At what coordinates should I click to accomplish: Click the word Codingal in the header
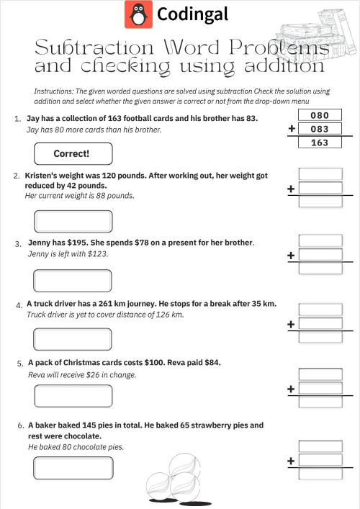(192, 14)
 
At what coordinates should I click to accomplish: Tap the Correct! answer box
(73, 153)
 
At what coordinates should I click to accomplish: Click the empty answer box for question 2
(73, 220)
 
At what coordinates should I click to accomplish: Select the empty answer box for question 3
(73, 280)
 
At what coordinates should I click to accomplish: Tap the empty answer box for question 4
(73, 338)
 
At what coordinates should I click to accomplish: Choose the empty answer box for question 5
(73, 396)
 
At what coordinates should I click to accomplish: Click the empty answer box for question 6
(73, 467)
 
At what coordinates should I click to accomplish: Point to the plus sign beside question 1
(292, 129)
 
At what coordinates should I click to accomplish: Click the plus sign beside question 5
(292, 389)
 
